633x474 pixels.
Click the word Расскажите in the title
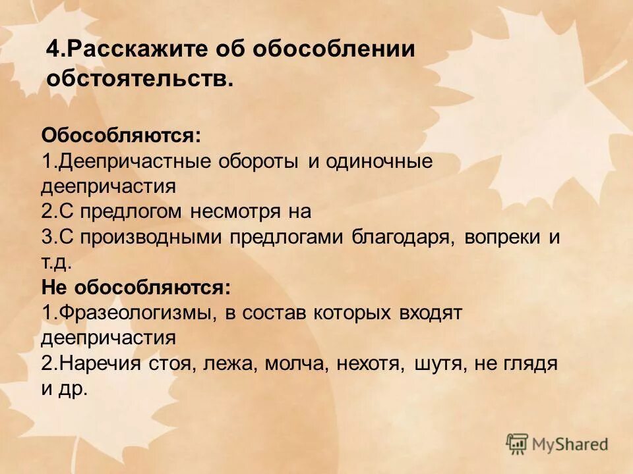click(x=139, y=51)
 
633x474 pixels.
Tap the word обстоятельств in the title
click(x=138, y=79)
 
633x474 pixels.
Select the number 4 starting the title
click(x=53, y=51)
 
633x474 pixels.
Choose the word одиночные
click(x=378, y=162)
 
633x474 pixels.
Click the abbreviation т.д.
click(x=55, y=263)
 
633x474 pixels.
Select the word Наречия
click(x=96, y=363)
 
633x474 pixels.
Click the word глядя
click(x=531, y=363)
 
